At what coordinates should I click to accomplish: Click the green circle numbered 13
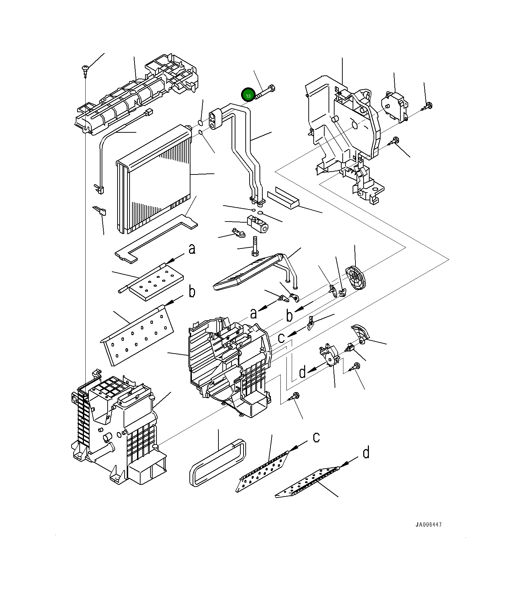[248, 95]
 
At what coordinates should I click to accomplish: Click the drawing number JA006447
[428, 525]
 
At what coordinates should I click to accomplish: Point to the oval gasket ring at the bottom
[218, 463]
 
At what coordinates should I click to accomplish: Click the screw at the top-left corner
[85, 68]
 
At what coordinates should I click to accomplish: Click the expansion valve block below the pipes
[258, 224]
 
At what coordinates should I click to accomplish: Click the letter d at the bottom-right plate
[366, 453]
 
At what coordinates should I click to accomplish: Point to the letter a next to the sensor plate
[192, 249]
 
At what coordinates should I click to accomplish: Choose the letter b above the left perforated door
[192, 292]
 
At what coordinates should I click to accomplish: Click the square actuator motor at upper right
[394, 106]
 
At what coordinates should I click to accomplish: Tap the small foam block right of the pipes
[283, 197]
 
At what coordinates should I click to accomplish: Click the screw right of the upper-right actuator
[428, 105]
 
